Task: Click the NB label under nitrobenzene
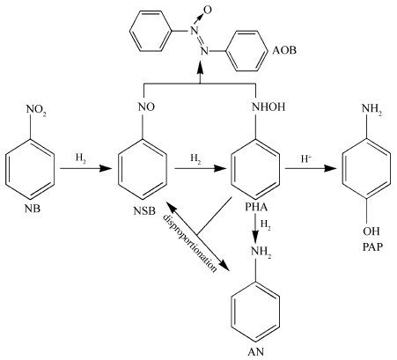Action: pyautogui.click(x=33, y=209)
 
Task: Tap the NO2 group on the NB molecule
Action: pyautogui.click(x=36, y=110)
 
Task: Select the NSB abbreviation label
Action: pyautogui.click(x=144, y=210)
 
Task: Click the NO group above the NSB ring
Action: pyautogui.click(x=146, y=107)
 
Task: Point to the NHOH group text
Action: pyautogui.click(x=268, y=107)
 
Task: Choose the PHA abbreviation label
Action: pyautogui.click(x=257, y=208)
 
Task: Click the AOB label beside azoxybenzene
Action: pyautogui.click(x=284, y=50)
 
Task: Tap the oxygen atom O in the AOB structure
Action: pyautogui.click(x=208, y=11)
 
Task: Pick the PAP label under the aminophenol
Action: pyautogui.click(x=372, y=247)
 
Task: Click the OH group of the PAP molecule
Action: pyautogui.click(x=371, y=231)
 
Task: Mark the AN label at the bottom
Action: pyautogui.click(x=256, y=351)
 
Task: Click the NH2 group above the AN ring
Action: pyautogui.click(x=261, y=252)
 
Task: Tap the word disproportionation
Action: pyautogui.click(x=190, y=243)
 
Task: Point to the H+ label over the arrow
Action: pyautogui.click(x=306, y=158)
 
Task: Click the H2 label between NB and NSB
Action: pyautogui.click(x=81, y=158)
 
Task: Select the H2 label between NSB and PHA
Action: pyautogui.click(x=195, y=158)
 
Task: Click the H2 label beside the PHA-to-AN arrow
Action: pyautogui.click(x=266, y=226)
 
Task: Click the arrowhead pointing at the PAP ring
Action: pyautogui.click(x=330, y=168)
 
